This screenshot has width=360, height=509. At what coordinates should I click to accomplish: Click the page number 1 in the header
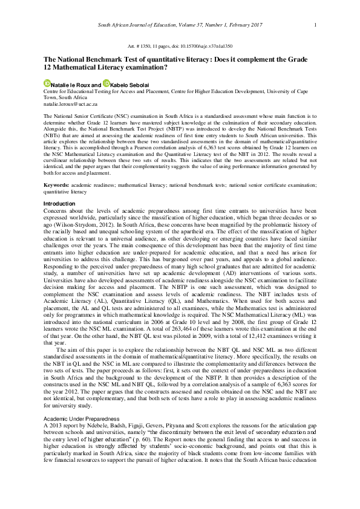315,25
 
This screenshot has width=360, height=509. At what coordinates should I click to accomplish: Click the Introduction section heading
59,204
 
